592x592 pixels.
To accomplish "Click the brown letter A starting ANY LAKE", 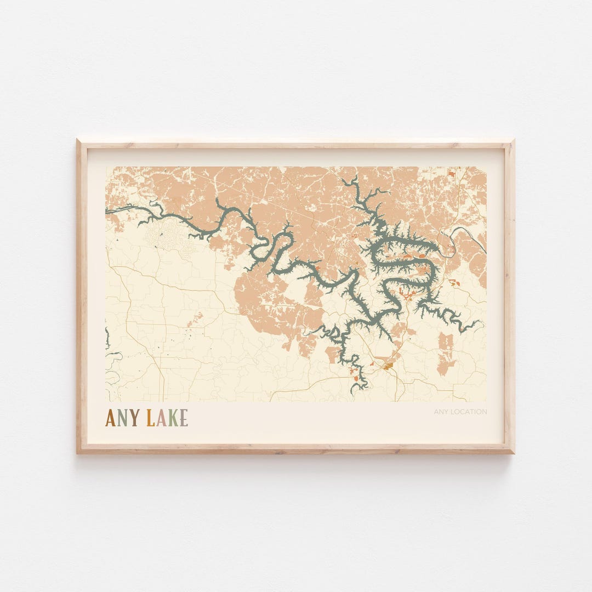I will point(111,418).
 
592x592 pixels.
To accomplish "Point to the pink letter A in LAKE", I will point(161,418).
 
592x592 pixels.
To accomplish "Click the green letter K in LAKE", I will point(172,418).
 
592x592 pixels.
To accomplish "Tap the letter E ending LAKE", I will point(183,418).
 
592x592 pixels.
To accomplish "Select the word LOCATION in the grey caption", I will point(469,412).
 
